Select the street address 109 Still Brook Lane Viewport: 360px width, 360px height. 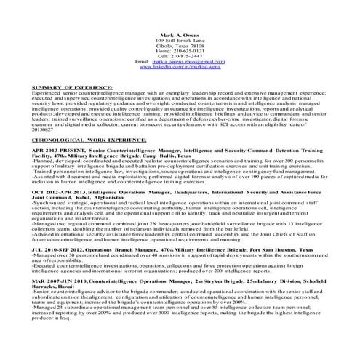[x=180, y=41]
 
